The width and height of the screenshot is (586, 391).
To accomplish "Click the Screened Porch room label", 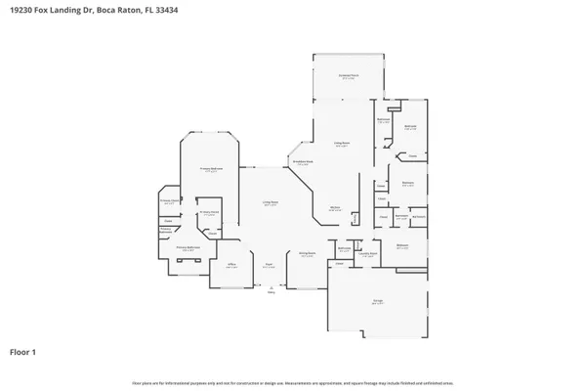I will pyautogui.click(x=347, y=76).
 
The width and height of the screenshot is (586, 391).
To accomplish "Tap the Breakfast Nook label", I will pyautogui.click(x=304, y=162).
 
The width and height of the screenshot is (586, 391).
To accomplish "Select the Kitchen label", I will pyautogui.click(x=334, y=207).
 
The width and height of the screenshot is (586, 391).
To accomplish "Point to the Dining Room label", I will pyautogui.click(x=306, y=254).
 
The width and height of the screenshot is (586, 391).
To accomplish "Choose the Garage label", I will pyautogui.click(x=376, y=302).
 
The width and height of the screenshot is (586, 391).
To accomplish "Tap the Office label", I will pyautogui.click(x=231, y=265).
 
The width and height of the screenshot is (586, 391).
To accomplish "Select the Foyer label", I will pyautogui.click(x=268, y=265).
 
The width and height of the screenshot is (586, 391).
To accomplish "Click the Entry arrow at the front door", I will pyautogui.click(x=271, y=288).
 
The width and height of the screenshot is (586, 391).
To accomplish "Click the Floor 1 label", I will pyautogui.click(x=25, y=351).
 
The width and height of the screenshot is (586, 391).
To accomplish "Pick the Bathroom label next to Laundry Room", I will pyautogui.click(x=344, y=248).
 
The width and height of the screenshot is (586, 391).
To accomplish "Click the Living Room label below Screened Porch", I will pyautogui.click(x=342, y=144).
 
